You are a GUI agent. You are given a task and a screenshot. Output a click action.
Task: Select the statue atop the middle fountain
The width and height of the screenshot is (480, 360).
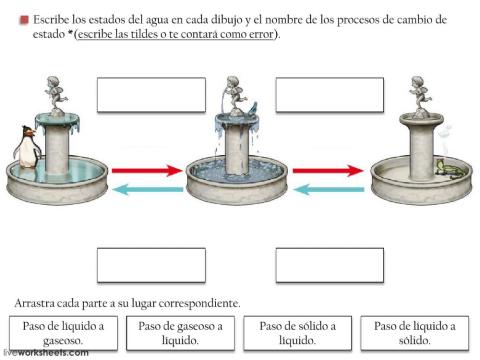(x=236, y=97)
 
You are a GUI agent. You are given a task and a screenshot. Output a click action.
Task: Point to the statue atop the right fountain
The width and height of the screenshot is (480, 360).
(x=418, y=95)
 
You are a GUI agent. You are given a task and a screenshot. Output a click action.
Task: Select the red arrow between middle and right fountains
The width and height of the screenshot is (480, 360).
(x=327, y=171)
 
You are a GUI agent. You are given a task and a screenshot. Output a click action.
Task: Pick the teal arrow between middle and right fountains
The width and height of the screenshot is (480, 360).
(x=327, y=189)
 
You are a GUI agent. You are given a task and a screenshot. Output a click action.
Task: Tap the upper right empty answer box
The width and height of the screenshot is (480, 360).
(x=329, y=95)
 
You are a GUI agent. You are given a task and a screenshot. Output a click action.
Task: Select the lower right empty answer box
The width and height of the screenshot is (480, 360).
(x=329, y=265)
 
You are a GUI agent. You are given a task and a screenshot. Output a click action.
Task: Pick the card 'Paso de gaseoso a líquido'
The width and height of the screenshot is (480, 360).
(x=182, y=333)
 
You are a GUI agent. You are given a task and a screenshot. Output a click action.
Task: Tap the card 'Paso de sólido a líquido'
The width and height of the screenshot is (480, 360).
(x=298, y=333)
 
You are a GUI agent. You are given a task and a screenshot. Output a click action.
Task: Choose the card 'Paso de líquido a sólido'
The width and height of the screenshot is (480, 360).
(x=415, y=333)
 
